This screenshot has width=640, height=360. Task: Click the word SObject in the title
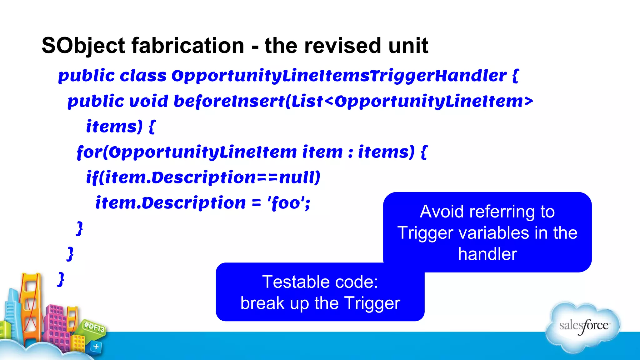click(x=83, y=46)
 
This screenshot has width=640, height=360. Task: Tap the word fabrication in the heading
click(x=187, y=46)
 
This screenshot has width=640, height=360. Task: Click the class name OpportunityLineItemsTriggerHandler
click(x=339, y=76)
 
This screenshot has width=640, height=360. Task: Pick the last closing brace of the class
click(x=61, y=279)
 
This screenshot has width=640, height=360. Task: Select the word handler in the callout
click(x=487, y=254)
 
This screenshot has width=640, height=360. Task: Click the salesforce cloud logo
click(x=583, y=327)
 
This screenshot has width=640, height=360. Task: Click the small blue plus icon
click(x=96, y=347)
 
